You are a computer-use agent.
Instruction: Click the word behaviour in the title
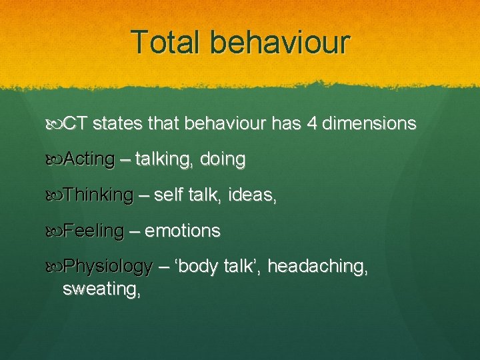(279, 42)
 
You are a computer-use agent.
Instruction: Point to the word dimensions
(371, 124)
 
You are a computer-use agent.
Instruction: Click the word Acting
(90, 160)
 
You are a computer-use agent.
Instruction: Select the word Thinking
(99, 195)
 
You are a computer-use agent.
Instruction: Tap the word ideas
(253, 195)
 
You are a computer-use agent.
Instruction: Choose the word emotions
(183, 231)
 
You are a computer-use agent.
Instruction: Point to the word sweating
(101, 289)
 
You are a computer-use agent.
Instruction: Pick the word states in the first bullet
(116, 124)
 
